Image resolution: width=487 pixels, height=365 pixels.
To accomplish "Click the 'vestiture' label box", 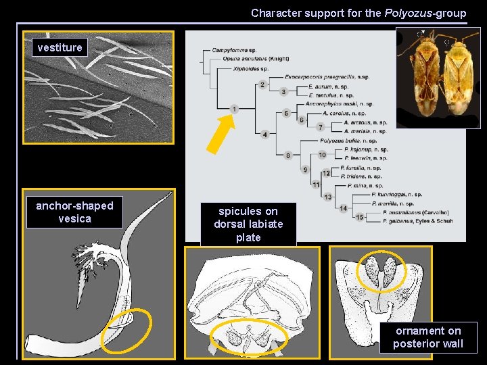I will click(x=60, y=47).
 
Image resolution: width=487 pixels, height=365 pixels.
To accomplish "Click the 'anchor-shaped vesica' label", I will click(x=74, y=212).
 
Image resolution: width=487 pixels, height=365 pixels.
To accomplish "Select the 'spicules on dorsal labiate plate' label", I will click(x=248, y=224).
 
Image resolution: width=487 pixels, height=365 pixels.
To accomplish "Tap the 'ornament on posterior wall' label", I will click(x=428, y=337).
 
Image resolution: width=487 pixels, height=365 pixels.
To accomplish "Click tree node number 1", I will click(x=234, y=109).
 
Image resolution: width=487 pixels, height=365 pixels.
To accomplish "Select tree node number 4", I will click(x=265, y=135).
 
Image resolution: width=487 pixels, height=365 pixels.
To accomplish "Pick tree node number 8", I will click(x=288, y=155).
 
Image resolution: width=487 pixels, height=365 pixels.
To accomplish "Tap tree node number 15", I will click(x=359, y=217).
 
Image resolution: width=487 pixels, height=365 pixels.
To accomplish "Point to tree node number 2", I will click(x=262, y=84).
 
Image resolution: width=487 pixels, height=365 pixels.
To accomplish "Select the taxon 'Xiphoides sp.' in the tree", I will click(x=252, y=69).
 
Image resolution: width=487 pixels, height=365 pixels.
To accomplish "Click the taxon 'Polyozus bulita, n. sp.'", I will click(x=346, y=140).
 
